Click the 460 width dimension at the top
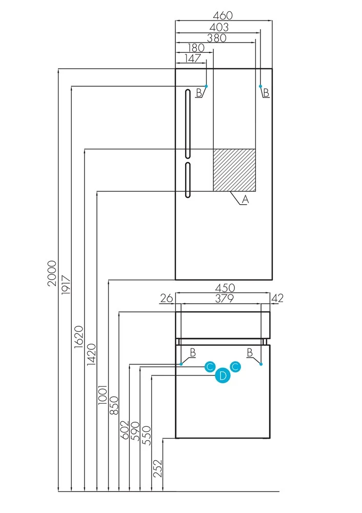224,16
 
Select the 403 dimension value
218,27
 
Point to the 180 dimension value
195,48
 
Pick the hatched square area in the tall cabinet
234,170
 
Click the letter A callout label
245,200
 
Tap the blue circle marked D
223,376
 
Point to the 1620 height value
78,337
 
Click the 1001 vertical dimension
103,396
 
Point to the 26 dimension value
166,298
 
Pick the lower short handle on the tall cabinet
188,180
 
